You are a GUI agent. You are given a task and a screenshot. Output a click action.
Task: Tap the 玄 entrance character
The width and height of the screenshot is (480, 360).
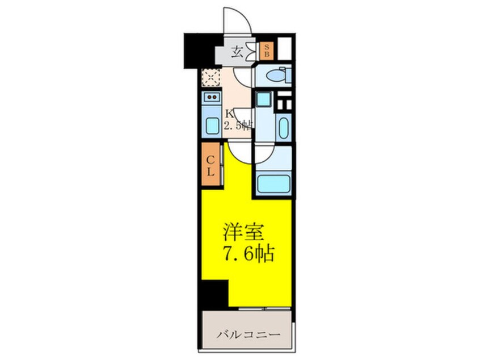(237, 53)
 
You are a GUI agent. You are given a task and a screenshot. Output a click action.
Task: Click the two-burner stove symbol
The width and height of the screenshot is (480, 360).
(212, 98)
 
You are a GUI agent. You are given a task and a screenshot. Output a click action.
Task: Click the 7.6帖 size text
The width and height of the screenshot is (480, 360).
(247, 253)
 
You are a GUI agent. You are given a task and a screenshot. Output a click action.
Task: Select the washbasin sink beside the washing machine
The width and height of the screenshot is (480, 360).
(283, 124)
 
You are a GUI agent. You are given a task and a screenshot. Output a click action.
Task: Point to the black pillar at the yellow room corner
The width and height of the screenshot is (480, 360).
(214, 293)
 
